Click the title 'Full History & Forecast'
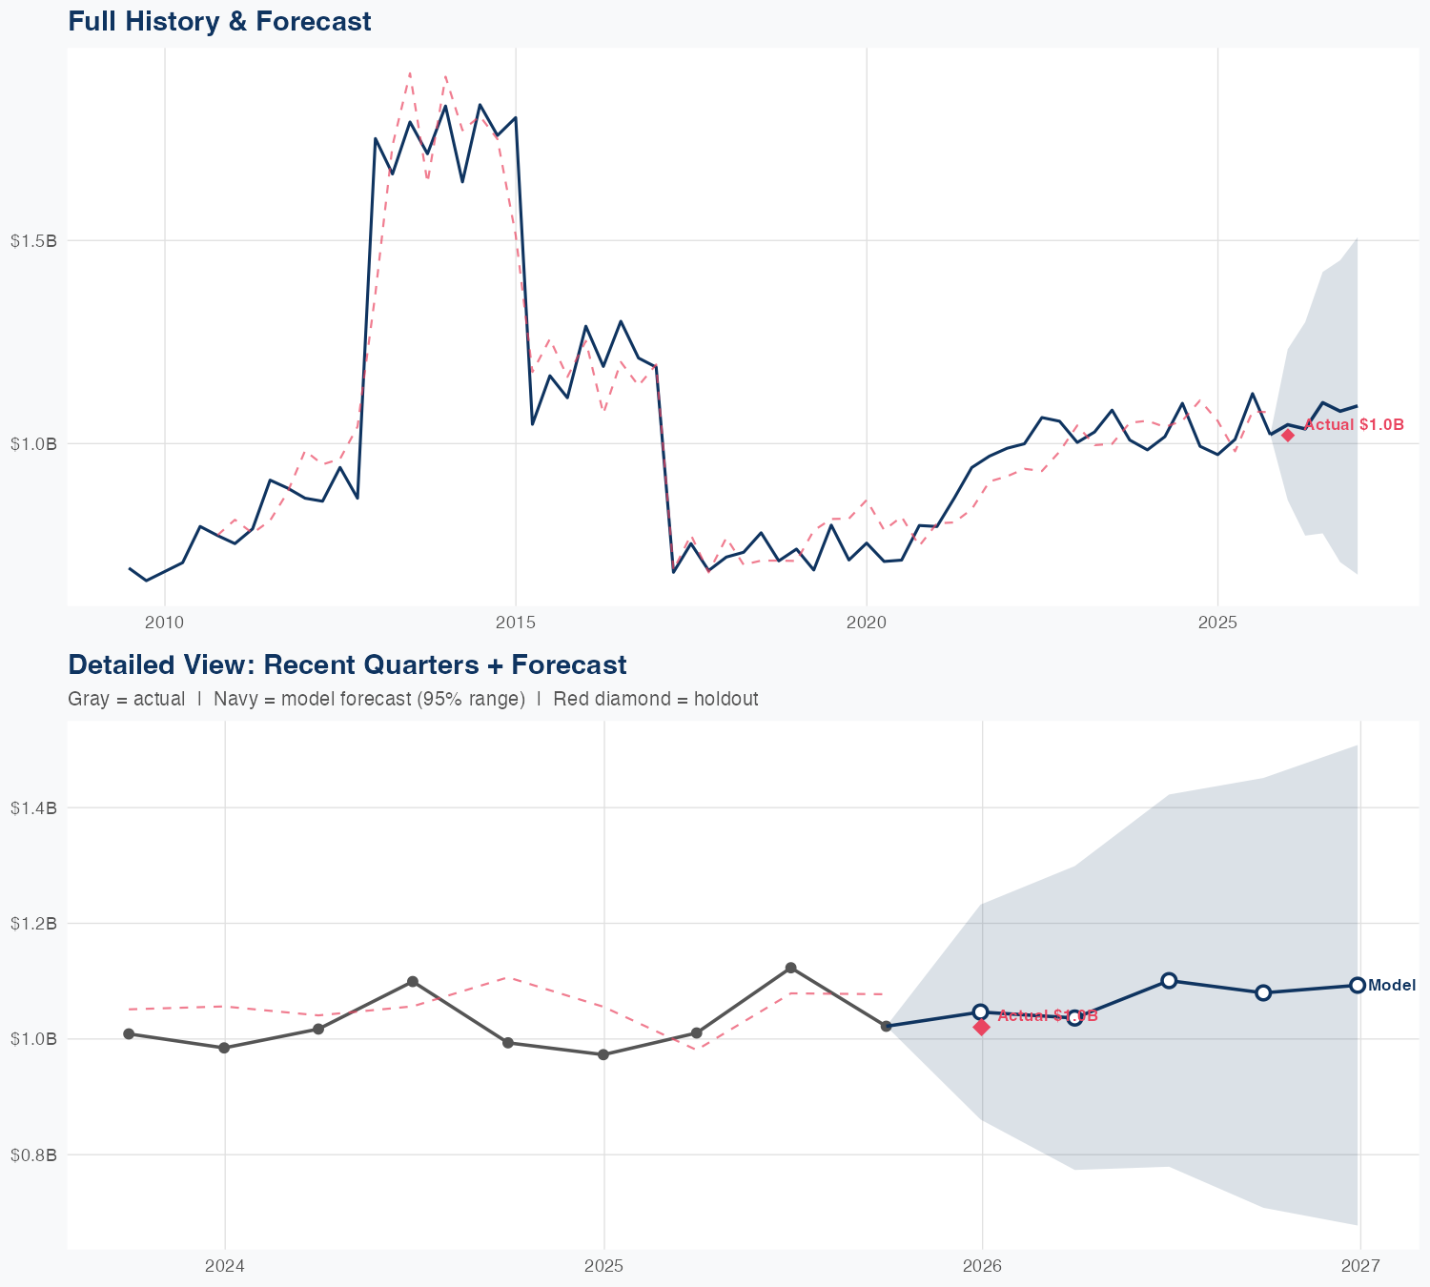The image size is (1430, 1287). [x=219, y=21]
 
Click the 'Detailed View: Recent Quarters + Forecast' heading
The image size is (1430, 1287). [x=347, y=664]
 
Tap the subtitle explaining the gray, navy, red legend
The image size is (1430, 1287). [x=413, y=699]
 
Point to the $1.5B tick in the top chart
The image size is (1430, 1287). [x=34, y=241]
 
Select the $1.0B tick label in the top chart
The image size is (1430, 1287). [x=34, y=443]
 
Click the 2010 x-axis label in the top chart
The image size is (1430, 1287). [x=164, y=623]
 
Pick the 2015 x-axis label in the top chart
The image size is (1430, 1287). [x=516, y=623]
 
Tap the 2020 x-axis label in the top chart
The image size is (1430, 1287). [x=867, y=623]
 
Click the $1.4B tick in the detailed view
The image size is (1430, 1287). [x=34, y=808]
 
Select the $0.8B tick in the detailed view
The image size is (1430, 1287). [x=34, y=1155]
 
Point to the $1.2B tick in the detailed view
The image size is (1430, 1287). [x=34, y=924]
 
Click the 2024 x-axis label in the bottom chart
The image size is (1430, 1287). [x=225, y=1267]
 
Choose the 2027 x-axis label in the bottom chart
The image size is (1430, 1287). [x=1360, y=1267]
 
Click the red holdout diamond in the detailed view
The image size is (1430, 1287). [x=982, y=1027]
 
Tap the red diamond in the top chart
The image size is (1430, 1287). [x=1288, y=435]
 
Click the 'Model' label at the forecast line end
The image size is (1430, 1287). [x=1392, y=986]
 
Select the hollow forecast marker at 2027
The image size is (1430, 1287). [x=1358, y=985]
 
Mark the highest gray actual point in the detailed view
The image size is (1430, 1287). [x=791, y=968]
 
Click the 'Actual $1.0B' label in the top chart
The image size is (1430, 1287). [x=1354, y=425]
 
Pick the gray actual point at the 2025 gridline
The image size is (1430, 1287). [x=603, y=1054]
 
